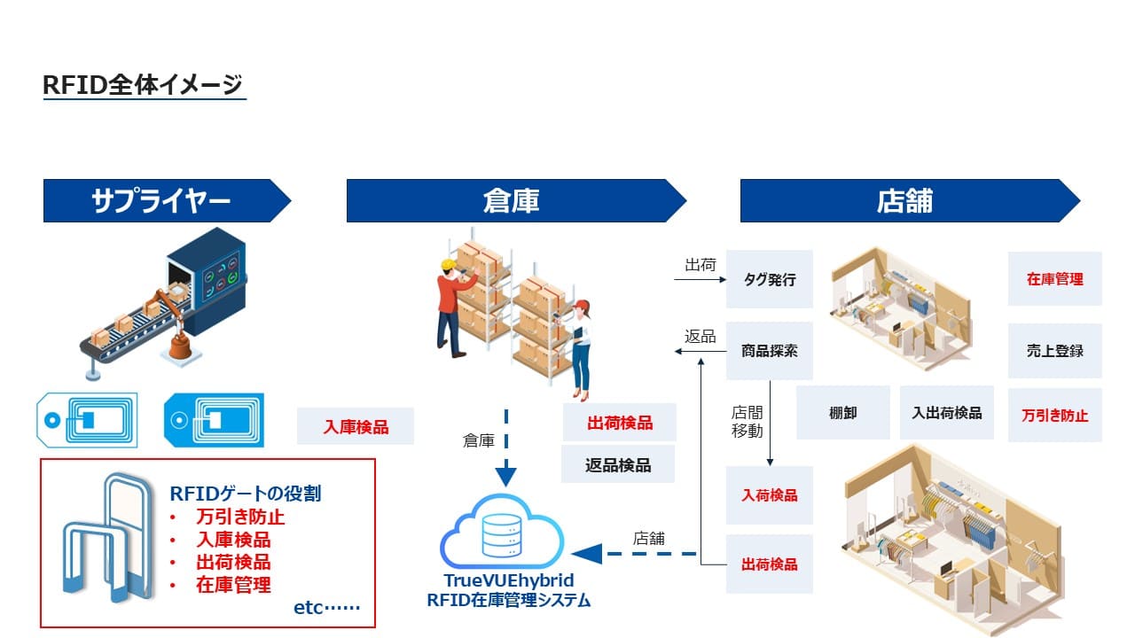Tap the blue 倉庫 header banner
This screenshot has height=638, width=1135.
(511, 201)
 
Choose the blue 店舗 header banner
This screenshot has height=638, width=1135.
(904, 201)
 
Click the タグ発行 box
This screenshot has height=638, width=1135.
(770, 280)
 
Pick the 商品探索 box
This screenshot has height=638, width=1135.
(770, 351)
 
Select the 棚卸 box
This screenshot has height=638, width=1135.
(842, 413)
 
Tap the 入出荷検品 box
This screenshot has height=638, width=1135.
(947, 413)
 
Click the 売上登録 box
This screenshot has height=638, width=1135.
(1055, 351)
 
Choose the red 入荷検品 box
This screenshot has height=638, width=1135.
(770, 495)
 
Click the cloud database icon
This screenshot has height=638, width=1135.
(502, 533)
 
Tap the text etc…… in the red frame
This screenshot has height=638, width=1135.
(326, 608)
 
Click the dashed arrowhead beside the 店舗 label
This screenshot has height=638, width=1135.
(587, 554)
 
